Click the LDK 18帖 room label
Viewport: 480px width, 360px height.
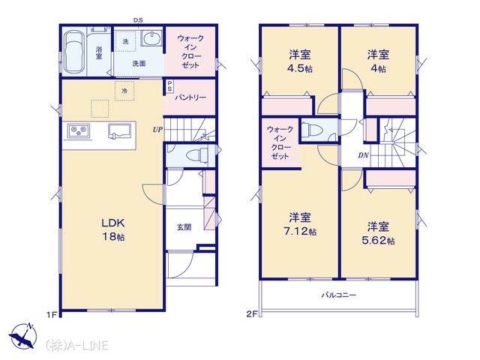[113, 229]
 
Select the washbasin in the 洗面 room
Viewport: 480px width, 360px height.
[151, 39]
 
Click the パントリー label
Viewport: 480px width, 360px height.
[190, 97]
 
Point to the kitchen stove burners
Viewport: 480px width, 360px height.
[79, 130]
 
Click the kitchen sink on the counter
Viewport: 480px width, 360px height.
[121, 130]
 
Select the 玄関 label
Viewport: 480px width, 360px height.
[184, 226]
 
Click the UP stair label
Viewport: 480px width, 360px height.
[157, 130]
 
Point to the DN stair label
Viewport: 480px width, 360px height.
[363, 155]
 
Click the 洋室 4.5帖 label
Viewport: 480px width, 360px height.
[300, 61]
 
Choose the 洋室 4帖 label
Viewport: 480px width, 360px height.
[378, 61]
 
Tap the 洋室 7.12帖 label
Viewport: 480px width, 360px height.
[300, 224]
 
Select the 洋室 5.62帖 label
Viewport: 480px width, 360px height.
[378, 233]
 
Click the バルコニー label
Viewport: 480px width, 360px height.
[339, 295]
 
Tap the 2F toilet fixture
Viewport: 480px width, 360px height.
[312, 129]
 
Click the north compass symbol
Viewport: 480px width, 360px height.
[23, 336]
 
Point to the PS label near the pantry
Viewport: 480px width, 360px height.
[169, 85]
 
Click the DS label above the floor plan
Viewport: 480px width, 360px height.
[138, 20]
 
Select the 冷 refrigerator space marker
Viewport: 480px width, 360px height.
[124, 91]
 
